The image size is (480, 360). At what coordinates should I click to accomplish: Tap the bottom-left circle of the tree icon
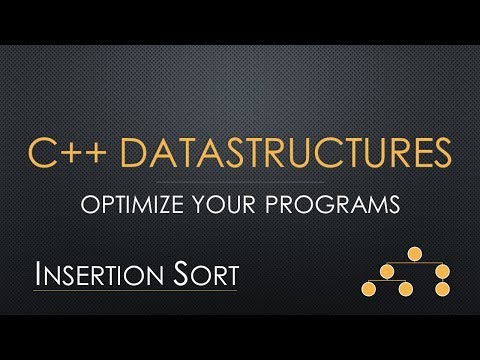point(367,290)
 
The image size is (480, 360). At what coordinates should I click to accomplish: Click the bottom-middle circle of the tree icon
point(405,290)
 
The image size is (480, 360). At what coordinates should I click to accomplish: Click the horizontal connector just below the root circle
point(412,264)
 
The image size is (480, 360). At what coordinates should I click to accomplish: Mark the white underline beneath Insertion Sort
point(135,291)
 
